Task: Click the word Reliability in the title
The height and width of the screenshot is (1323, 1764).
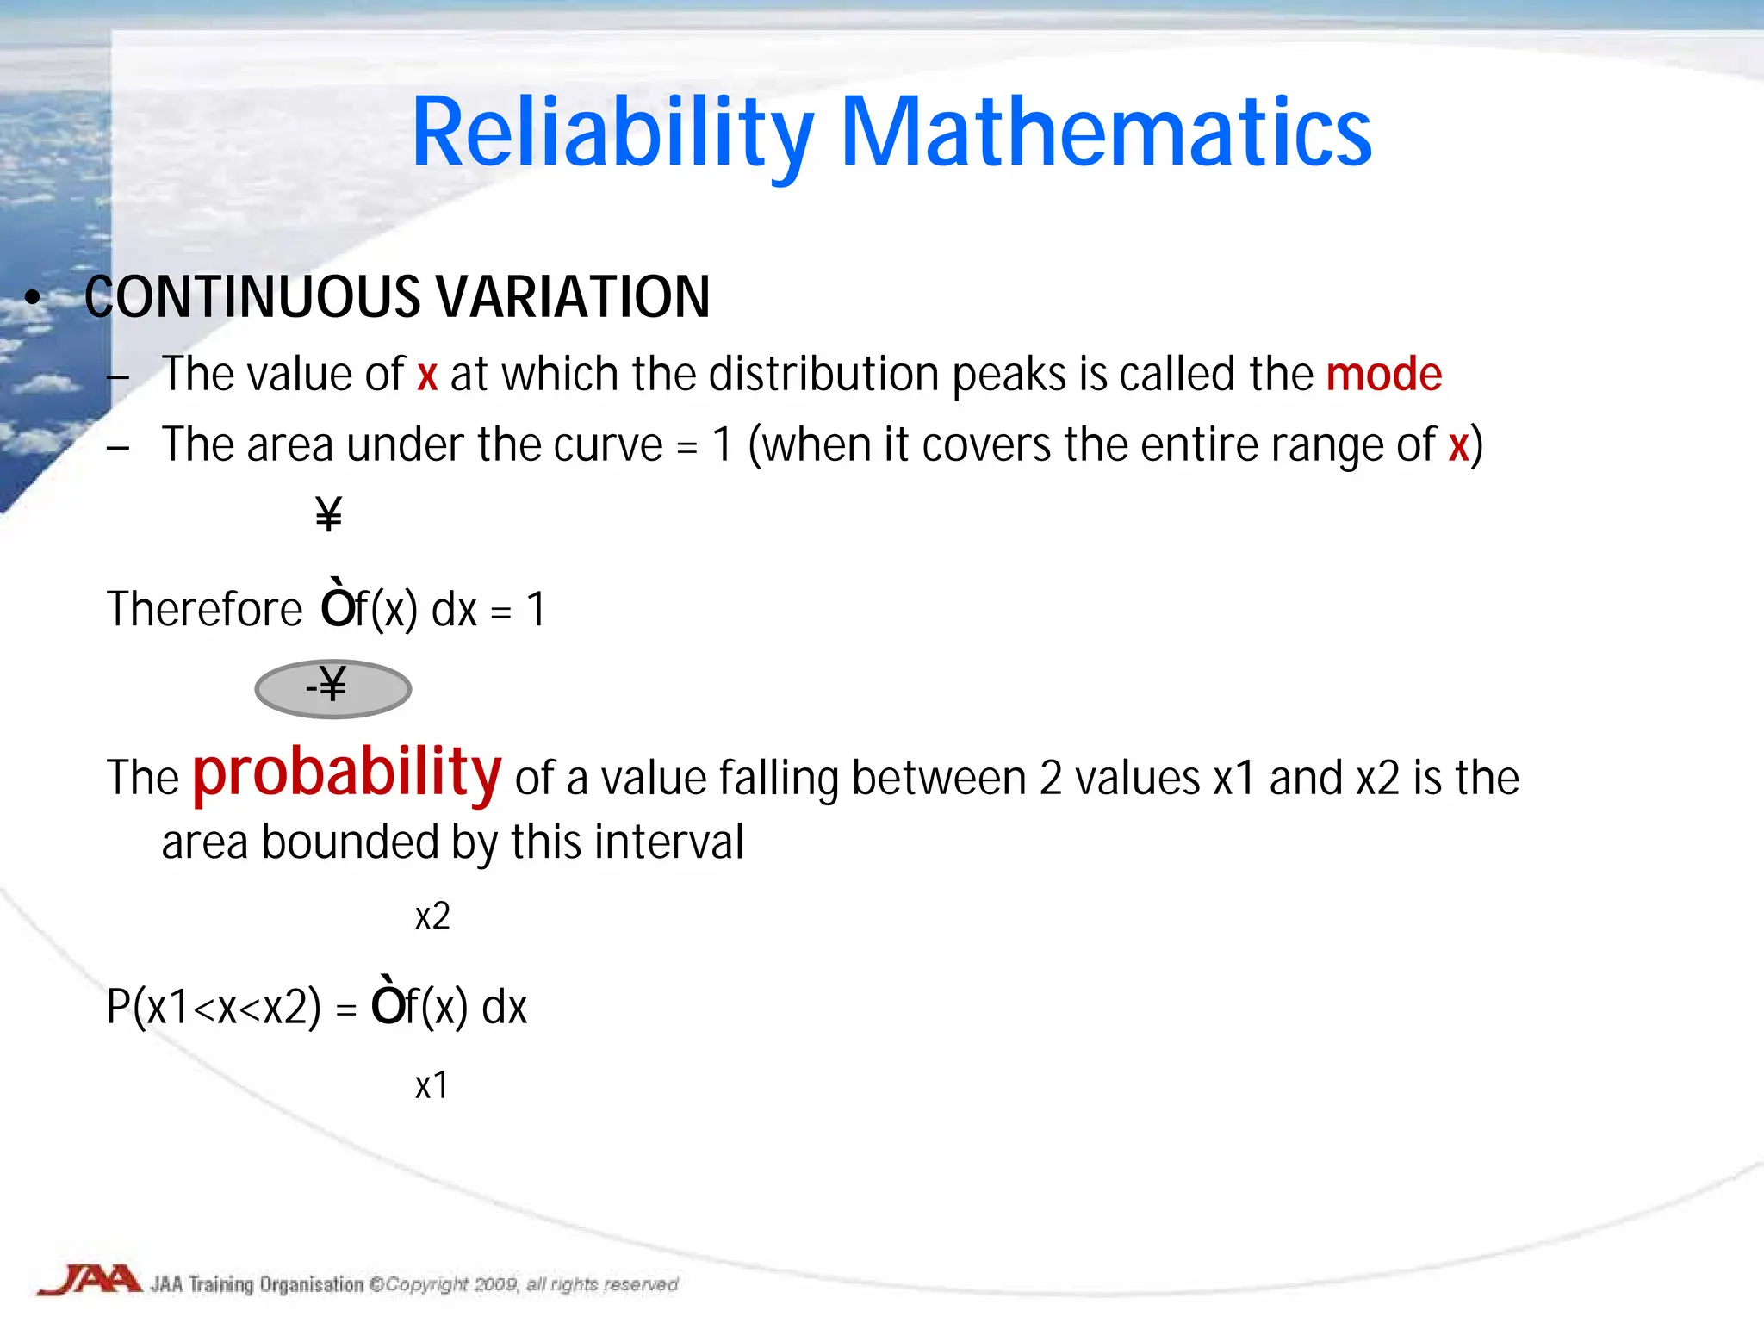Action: [612, 134]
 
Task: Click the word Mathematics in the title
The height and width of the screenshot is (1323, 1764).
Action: [1105, 134]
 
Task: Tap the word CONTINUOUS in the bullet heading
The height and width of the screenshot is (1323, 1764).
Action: [252, 297]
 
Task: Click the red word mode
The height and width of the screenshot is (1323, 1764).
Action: [1383, 375]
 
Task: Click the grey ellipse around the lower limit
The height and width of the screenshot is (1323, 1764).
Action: [333, 689]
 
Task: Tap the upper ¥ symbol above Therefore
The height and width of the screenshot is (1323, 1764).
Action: [328, 514]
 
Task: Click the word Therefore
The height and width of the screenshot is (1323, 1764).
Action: [204, 610]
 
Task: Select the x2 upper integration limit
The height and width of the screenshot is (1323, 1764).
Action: [432, 916]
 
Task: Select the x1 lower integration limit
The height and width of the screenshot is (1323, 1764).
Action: [432, 1085]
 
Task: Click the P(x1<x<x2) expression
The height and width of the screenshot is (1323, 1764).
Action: [214, 1006]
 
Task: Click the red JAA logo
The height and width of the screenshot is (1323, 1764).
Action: [90, 1280]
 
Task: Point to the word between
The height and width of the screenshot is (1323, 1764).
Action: [939, 778]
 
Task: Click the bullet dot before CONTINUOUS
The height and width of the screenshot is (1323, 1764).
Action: [33, 298]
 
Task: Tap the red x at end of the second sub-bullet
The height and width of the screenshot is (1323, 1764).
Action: [1457, 445]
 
